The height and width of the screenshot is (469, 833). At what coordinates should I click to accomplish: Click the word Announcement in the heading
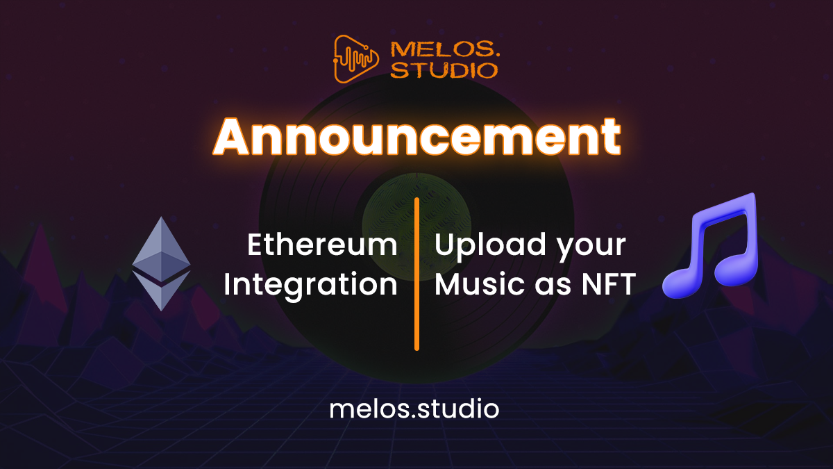click(416, 137)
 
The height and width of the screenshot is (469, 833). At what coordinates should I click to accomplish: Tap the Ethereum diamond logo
click(161, 263)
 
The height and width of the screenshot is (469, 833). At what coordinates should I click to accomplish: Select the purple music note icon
click(711, 247)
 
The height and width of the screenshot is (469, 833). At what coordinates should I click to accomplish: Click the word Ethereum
click(322, 245)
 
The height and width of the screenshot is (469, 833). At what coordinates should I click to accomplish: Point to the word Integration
click(310, 285)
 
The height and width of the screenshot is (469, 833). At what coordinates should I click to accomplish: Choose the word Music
click(474, 285)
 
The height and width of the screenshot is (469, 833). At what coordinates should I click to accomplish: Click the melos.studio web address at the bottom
click(414, 409)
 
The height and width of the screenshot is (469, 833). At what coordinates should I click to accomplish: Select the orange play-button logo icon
click(357, 59)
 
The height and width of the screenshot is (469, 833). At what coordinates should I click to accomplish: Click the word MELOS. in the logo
click(444, 49)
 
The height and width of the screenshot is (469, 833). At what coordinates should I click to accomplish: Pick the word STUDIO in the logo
click(444, 70)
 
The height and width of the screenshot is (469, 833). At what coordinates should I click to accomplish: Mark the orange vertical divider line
click(416, 274)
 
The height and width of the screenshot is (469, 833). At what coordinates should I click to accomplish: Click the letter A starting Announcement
click(234, 137)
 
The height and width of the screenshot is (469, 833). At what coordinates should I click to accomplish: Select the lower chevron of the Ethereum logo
click(161, 290)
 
